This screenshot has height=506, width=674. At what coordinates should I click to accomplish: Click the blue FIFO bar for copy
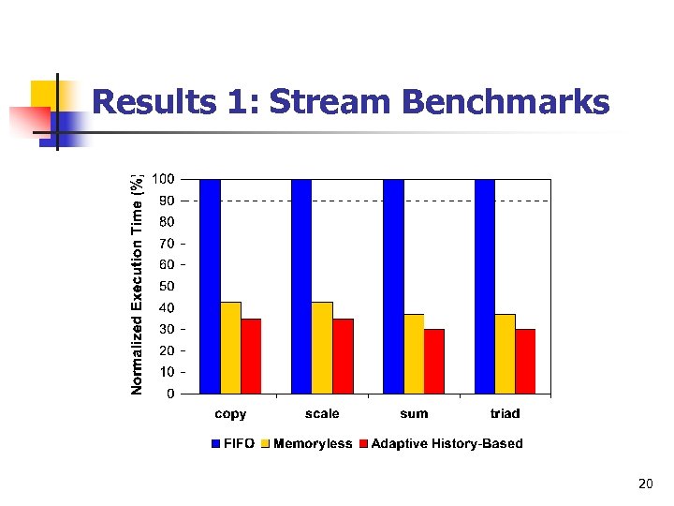click(210, 286)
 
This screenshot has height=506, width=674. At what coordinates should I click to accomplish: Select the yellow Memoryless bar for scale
click(322, 348)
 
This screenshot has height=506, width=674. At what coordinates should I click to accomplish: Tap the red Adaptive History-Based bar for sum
click(434, 362)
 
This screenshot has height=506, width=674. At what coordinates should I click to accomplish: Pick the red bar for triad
click(525, 362)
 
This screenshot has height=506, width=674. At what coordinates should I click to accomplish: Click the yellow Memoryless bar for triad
click(505, 353)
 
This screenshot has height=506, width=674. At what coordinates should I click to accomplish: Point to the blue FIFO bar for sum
click(393, 286)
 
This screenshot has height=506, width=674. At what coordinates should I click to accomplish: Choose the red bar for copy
click(251, 356)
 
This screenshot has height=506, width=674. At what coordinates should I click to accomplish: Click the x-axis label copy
click(230, 413)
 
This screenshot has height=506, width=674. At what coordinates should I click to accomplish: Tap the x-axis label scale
click(322, 413)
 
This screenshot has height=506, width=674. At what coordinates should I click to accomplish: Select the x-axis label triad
click(505, 413)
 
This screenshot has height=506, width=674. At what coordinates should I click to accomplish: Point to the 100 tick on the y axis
click(163, 179)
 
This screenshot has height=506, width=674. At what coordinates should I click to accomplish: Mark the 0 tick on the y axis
click(169, 394)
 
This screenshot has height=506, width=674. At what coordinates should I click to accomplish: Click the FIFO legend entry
click(232, 443)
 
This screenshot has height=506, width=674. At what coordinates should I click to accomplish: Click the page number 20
click(644, 484)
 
